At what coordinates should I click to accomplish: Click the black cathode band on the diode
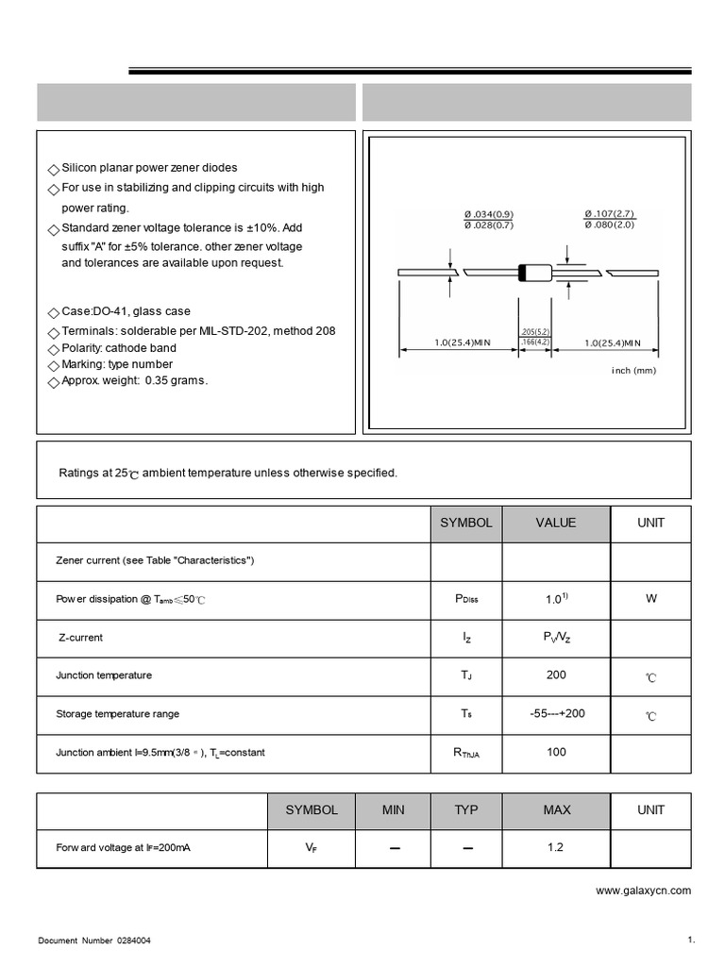click(x=523, y=274)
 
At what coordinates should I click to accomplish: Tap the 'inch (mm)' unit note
click(x=632, y=371)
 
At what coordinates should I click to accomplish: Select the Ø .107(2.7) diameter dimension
click(x=610, y=214)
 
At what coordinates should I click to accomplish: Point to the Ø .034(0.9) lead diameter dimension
click(x=488, y=214)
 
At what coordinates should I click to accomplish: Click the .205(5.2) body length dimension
click(x=534, y=332)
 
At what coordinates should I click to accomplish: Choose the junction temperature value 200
click(x=556, y=675)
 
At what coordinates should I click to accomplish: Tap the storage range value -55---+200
click(x=557, y=713)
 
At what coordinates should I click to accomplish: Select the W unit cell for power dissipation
click(x=650, y=599)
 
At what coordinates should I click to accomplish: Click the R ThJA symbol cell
click(x=466, y=753)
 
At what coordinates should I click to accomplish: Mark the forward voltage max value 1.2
click(x=555, y=848)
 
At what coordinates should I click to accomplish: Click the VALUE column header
click(x=556, y=523)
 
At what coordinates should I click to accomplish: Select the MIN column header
click(x=393, y=809)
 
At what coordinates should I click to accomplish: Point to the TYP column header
click(x=466, y=809)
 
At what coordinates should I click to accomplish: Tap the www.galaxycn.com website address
click(x=643, y=890)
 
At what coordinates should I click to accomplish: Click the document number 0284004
click(x=133, y=941)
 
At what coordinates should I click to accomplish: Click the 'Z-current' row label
click(x=80, y=638)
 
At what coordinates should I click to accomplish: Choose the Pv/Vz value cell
click(x=556, y=638)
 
